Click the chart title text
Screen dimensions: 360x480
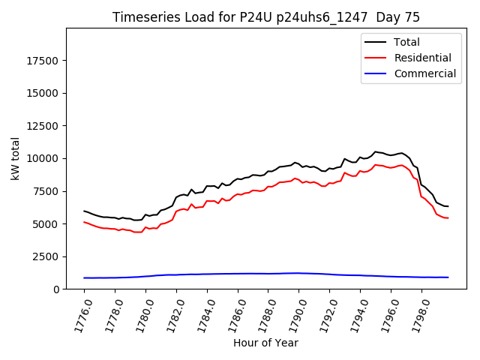click(x=266, y=17)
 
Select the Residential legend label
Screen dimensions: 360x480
click(x=422, y=58)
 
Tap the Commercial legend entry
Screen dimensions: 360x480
click(x=424, y=73)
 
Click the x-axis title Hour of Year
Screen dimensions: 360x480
click(x=265, y=343)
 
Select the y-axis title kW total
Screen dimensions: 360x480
click(x=15, y=158)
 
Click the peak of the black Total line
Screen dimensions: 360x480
click(x=376, y=152)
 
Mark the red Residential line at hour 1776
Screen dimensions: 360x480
click(x=84, y=222)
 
